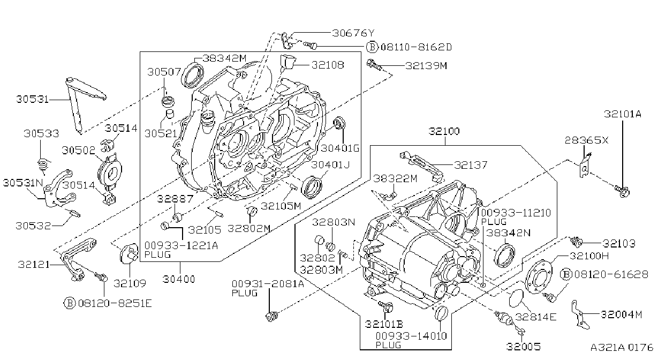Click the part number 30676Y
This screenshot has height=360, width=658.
[353, 33]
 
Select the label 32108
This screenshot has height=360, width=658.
[328, 65]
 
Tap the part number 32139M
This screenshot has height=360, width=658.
[426, 65]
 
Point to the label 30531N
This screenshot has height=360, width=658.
[23, 183]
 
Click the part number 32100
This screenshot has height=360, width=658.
[444, 131]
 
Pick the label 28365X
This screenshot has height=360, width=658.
[586, 140]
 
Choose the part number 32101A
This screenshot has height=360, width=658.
[623, 114]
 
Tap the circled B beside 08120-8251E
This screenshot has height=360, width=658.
[70, 303]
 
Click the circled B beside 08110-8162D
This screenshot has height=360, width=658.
[372, 47]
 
